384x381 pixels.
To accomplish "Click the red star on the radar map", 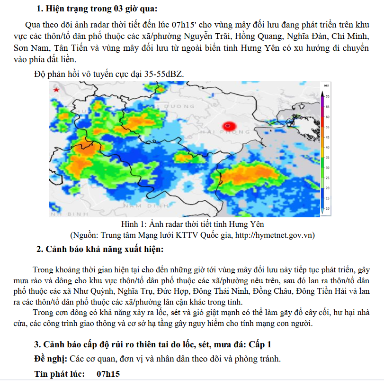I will click(x=56, y=90).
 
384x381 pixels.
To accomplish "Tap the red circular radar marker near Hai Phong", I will click(x=229, y=126).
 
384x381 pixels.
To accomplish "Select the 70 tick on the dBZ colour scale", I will click(x=327, y=96).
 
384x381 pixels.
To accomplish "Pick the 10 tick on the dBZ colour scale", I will click(x=327, y=208).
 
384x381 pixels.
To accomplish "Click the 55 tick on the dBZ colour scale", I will click(x=327, y=127).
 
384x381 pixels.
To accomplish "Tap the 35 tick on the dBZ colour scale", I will click(x=327, y=158).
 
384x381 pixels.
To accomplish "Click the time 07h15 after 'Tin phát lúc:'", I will click(x=108, y=374).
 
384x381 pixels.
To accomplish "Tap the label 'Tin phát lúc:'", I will click(x=60, y=374).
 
